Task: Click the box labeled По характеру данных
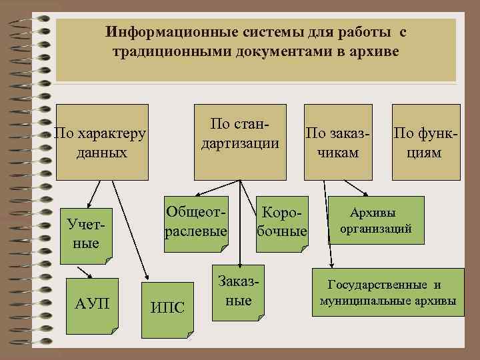101,142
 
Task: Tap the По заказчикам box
337,142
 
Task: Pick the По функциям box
426,142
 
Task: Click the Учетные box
86,233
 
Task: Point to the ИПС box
167,307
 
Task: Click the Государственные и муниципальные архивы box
385,293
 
